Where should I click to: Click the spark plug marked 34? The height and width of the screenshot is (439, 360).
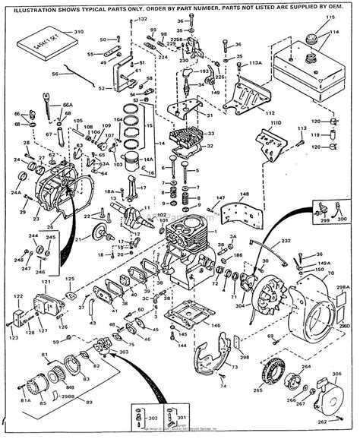185,83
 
